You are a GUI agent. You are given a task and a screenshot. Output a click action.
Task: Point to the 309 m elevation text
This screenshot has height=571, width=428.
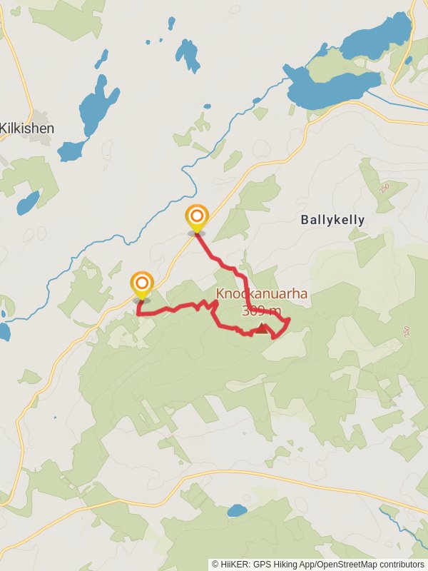(x=261, y=311)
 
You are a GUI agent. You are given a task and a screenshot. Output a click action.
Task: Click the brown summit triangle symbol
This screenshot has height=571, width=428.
(x=263, y=328)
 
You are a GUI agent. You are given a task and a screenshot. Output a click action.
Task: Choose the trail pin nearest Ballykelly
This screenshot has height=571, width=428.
(x=196, y=218)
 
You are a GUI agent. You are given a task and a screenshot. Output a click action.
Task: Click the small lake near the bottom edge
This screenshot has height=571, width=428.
(x=237, y=510)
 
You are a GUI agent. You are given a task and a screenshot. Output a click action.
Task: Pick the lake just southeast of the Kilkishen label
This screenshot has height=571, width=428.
(x=71, y=150)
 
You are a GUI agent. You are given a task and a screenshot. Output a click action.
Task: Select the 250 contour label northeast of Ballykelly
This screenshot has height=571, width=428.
(x=386, y=186)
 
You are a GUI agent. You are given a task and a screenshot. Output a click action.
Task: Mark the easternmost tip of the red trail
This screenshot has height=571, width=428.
(x=289, y=323)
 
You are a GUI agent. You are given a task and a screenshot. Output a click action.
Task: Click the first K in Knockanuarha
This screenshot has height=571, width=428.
(x=220, y=294)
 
